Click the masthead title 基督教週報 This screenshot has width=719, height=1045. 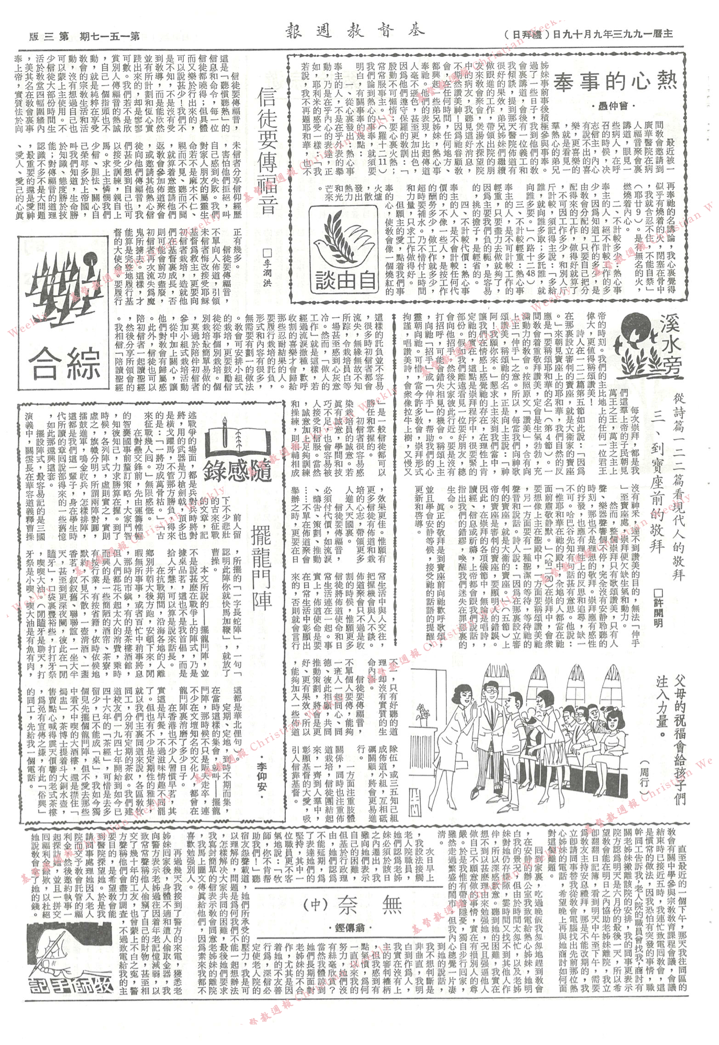click(x=355, y=32)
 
